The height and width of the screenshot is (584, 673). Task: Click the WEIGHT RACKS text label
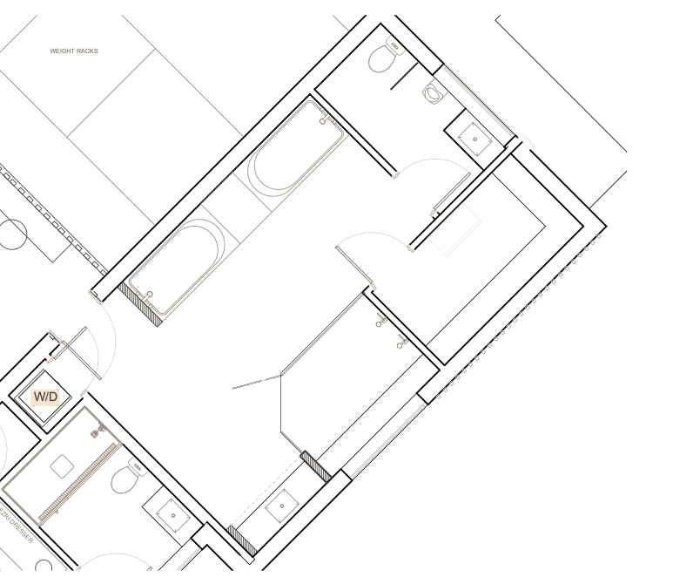tap(74, 51)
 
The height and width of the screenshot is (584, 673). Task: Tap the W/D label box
tap(45, 397)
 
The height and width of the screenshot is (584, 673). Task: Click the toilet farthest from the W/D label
tap(386, 55)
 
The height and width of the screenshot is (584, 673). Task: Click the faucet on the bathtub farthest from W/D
tap(326, 117)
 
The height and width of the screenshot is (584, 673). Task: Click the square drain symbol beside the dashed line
tap(281, 506)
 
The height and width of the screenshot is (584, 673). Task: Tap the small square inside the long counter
tap(61, 466)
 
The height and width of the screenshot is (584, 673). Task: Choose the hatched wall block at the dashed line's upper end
tap(316, 465)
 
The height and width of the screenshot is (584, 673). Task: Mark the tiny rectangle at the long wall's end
tap(526, 141)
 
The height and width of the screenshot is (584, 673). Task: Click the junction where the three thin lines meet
tap(280, 376)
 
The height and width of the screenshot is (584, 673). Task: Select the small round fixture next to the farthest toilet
tap(433, 92)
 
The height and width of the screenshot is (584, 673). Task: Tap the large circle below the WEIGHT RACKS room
tap(12, 234)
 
